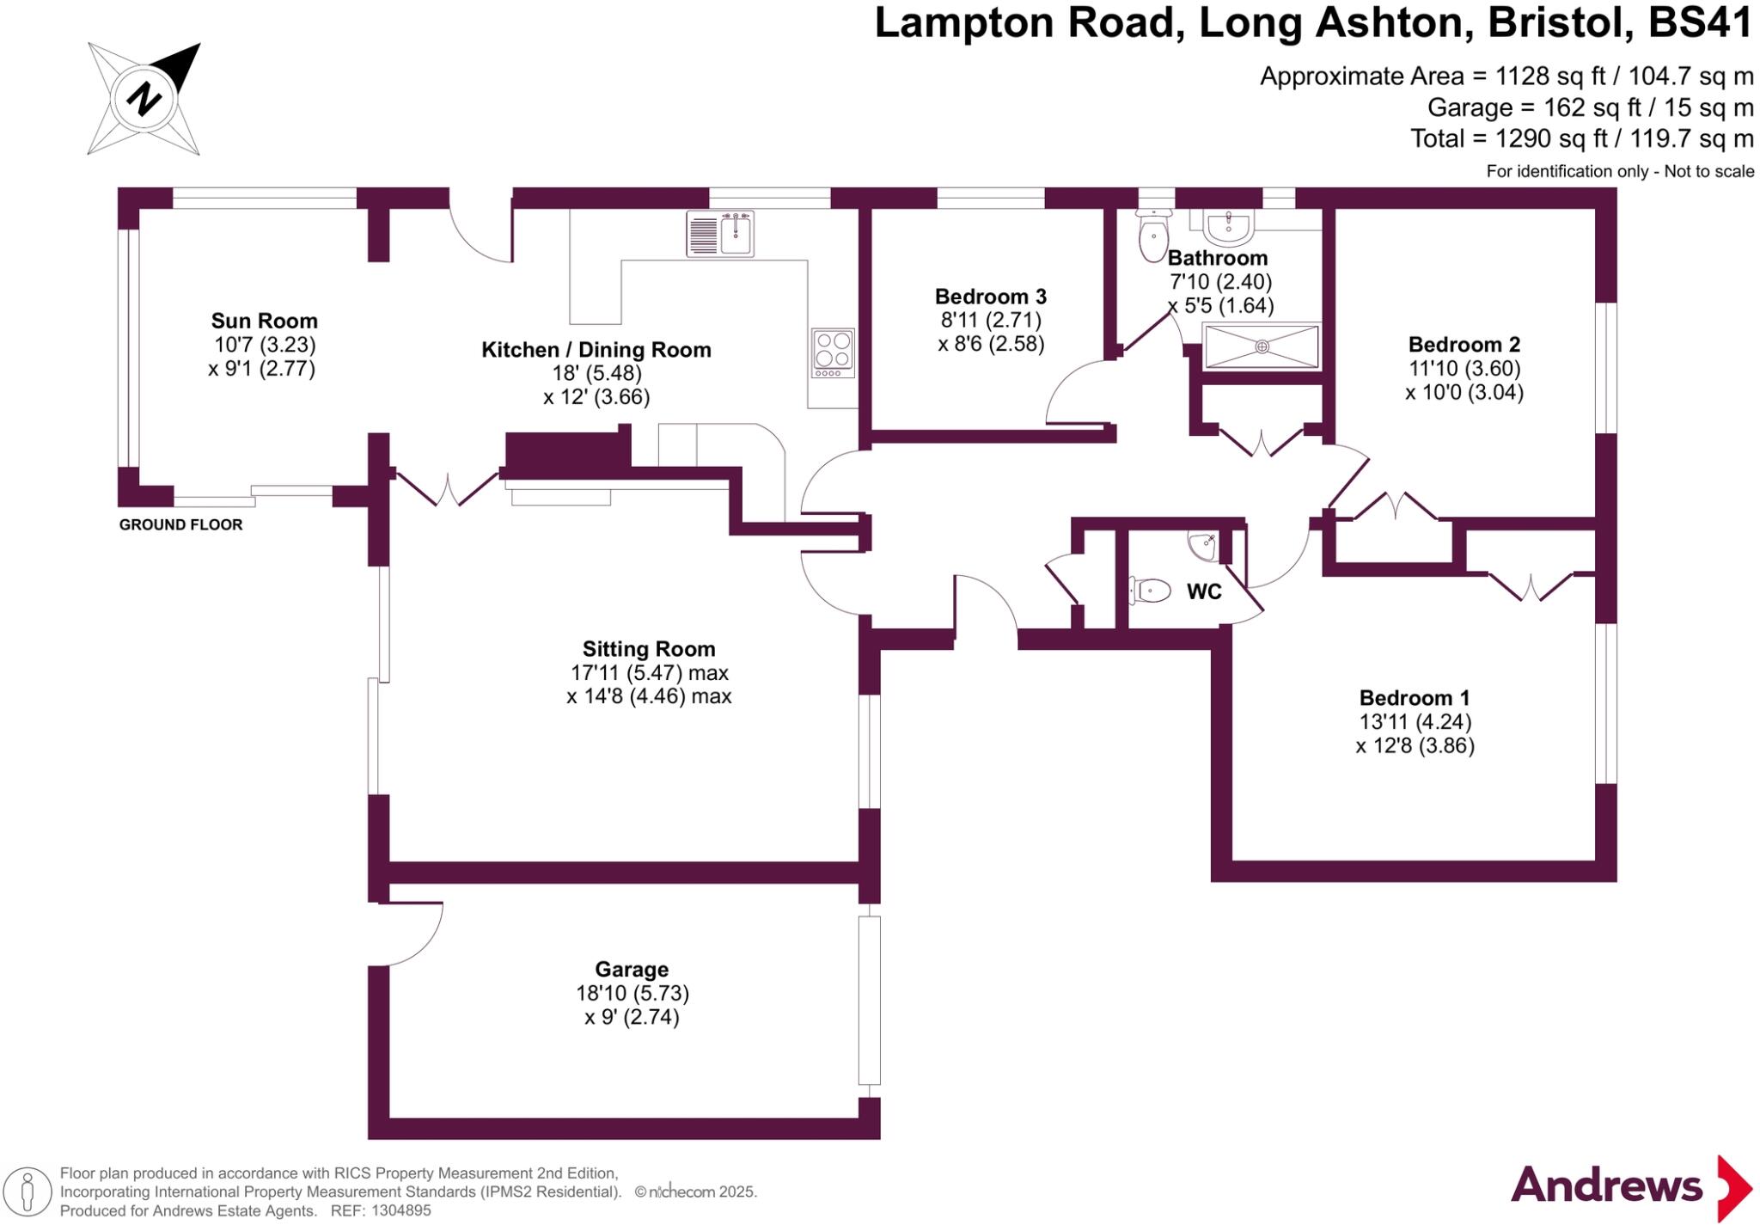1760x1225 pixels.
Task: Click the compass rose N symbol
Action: point(144,98)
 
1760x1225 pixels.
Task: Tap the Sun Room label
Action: point(264,321)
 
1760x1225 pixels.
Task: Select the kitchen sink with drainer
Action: point(720,233)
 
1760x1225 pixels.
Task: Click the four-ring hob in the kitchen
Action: point(833,352)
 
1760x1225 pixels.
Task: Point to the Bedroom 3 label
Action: point(990,297)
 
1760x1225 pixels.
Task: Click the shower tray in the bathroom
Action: point(1261,346)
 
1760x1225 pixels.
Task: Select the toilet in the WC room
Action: point(1151,591)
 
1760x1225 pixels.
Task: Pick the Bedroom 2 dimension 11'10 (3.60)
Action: point(1464,369)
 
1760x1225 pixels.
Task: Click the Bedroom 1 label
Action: point(1414,697)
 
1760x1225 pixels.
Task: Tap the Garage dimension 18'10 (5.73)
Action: point(632,993)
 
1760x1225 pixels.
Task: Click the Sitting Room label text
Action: point(648,649)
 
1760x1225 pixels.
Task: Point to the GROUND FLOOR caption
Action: point(180,524)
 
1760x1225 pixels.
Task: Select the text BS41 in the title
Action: point(1699,23)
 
